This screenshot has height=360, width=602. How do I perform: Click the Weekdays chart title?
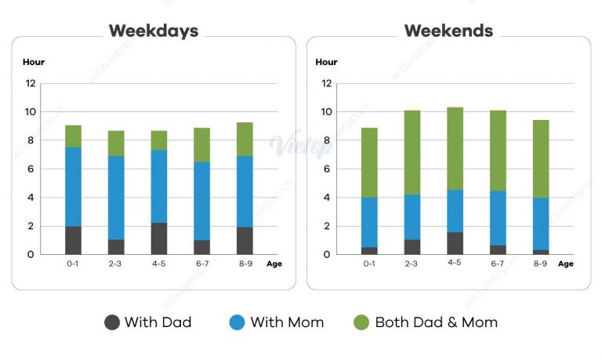(x=154, y=31)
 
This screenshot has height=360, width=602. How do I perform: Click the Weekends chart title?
(x=448, y=31)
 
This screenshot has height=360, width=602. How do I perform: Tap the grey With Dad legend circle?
(x=112, y=322)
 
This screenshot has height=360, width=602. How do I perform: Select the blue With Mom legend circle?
(x=238, y=322)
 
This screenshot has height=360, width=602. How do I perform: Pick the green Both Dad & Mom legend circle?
(x=361, y=322)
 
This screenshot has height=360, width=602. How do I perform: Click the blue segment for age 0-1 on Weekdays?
(x=73, y=187)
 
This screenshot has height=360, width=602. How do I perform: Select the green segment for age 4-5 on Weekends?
(x=455, y=148)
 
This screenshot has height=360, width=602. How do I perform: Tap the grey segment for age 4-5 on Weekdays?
(x=158, y=238)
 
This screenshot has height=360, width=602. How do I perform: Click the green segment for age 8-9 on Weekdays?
(x=245, y=139)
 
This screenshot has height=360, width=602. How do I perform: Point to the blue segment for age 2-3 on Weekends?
(x=412, y=216)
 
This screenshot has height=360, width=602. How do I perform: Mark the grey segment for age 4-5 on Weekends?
(x=455, y=243)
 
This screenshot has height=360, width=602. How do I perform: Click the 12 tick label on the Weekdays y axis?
(x=31, y=83)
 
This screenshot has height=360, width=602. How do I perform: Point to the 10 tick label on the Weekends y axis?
(x=325, y=112)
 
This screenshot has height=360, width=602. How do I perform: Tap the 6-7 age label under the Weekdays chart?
(x=201, y=264)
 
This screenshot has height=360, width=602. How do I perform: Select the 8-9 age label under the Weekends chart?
(x=540, y=264)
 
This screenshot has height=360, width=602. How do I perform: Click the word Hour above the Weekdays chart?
(x=34, y=61)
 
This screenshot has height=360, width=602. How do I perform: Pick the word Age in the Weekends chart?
(x=565, y=264)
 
